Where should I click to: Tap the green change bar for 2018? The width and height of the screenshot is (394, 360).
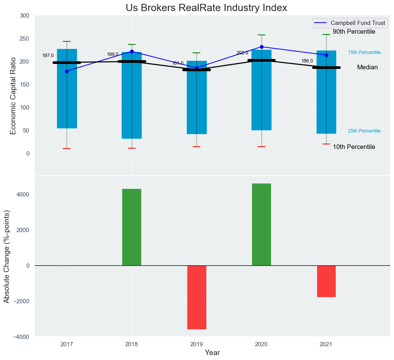pyautogui.click(x=132, y=227)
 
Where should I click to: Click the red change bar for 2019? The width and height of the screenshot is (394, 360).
pyautogui.click(x=197, y=297)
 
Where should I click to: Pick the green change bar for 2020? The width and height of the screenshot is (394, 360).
pyautogui.click(x=262, y=224)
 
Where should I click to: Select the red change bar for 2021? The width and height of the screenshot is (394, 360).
pyautogui.click(x=326, y=281)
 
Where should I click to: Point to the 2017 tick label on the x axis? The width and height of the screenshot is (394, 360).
pyautogui.click(x=67, y=345)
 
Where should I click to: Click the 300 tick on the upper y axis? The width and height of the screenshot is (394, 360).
pyautogui.click(x=24, y=16)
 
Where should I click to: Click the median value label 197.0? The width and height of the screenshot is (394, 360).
pyautogui.click(x=48, y=56)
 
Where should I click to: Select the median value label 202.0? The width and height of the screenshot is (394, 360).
pyautogui.click(x=242, y=53)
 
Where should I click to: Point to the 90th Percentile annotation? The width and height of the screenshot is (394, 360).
pyautogui.click(x=354, y=32)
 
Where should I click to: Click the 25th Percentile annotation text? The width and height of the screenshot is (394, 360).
pyautogui.click(x=364, y=131)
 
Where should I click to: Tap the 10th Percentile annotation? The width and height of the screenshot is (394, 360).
pyautogui.click(x=354, y=147)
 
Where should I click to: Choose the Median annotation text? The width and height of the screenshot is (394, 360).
pyautogui.click(x=367, y=67)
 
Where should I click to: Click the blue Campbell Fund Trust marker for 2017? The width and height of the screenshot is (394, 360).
pyautogui.click(x=67, y=71)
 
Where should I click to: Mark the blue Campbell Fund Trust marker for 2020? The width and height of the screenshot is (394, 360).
pyautogui.click(x=262, y=47)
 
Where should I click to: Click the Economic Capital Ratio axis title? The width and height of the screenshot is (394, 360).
pyautogui.click(x=13, y=96)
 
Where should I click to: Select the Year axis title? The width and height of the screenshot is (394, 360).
pyautogui.click(x=212, y=353)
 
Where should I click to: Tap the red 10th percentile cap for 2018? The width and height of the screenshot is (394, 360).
pyautogui.click(x=132, y=148)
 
